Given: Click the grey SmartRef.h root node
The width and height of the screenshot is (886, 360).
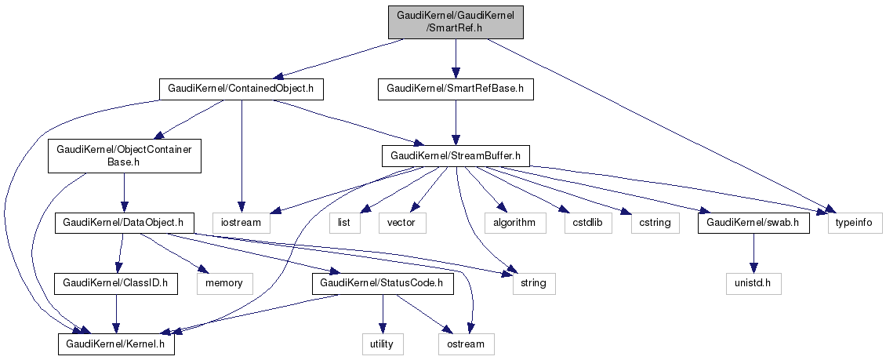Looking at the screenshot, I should (x=455, y=20).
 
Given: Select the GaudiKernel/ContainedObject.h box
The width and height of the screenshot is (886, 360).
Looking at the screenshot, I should (x=241, y=89).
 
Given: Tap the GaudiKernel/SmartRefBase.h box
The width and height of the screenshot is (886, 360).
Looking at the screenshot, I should (x=456, y=89).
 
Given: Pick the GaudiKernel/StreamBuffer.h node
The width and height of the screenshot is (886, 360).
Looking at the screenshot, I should (x=456, y=156).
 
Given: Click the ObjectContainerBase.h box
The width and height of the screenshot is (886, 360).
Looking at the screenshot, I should (x=125, y=156).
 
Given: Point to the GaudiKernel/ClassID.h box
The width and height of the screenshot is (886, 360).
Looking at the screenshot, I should (x=116, y=282).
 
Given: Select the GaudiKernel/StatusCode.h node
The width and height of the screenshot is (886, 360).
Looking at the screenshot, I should (x=382, y=282).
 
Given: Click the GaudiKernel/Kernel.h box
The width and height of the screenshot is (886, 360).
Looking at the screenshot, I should (x=116, y=344).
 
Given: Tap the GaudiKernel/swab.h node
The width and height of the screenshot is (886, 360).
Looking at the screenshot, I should (x=753, y=224).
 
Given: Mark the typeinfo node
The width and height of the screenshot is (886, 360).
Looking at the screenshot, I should (x=855, y=224).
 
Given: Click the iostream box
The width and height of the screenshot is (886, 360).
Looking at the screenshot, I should (x=241, y=224).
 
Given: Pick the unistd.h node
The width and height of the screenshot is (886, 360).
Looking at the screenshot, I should (x=753, y=282).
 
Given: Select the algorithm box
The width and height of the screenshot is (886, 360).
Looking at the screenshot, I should (x=514, y=224).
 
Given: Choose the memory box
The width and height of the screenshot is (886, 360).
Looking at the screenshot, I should (x=225, y=282).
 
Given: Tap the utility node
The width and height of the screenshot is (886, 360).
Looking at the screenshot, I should (x=382, y=344).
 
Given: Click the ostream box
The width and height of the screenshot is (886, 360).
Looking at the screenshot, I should (x=467, y=344).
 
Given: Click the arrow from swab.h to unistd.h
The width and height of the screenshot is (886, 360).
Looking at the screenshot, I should (x=753, y=253).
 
